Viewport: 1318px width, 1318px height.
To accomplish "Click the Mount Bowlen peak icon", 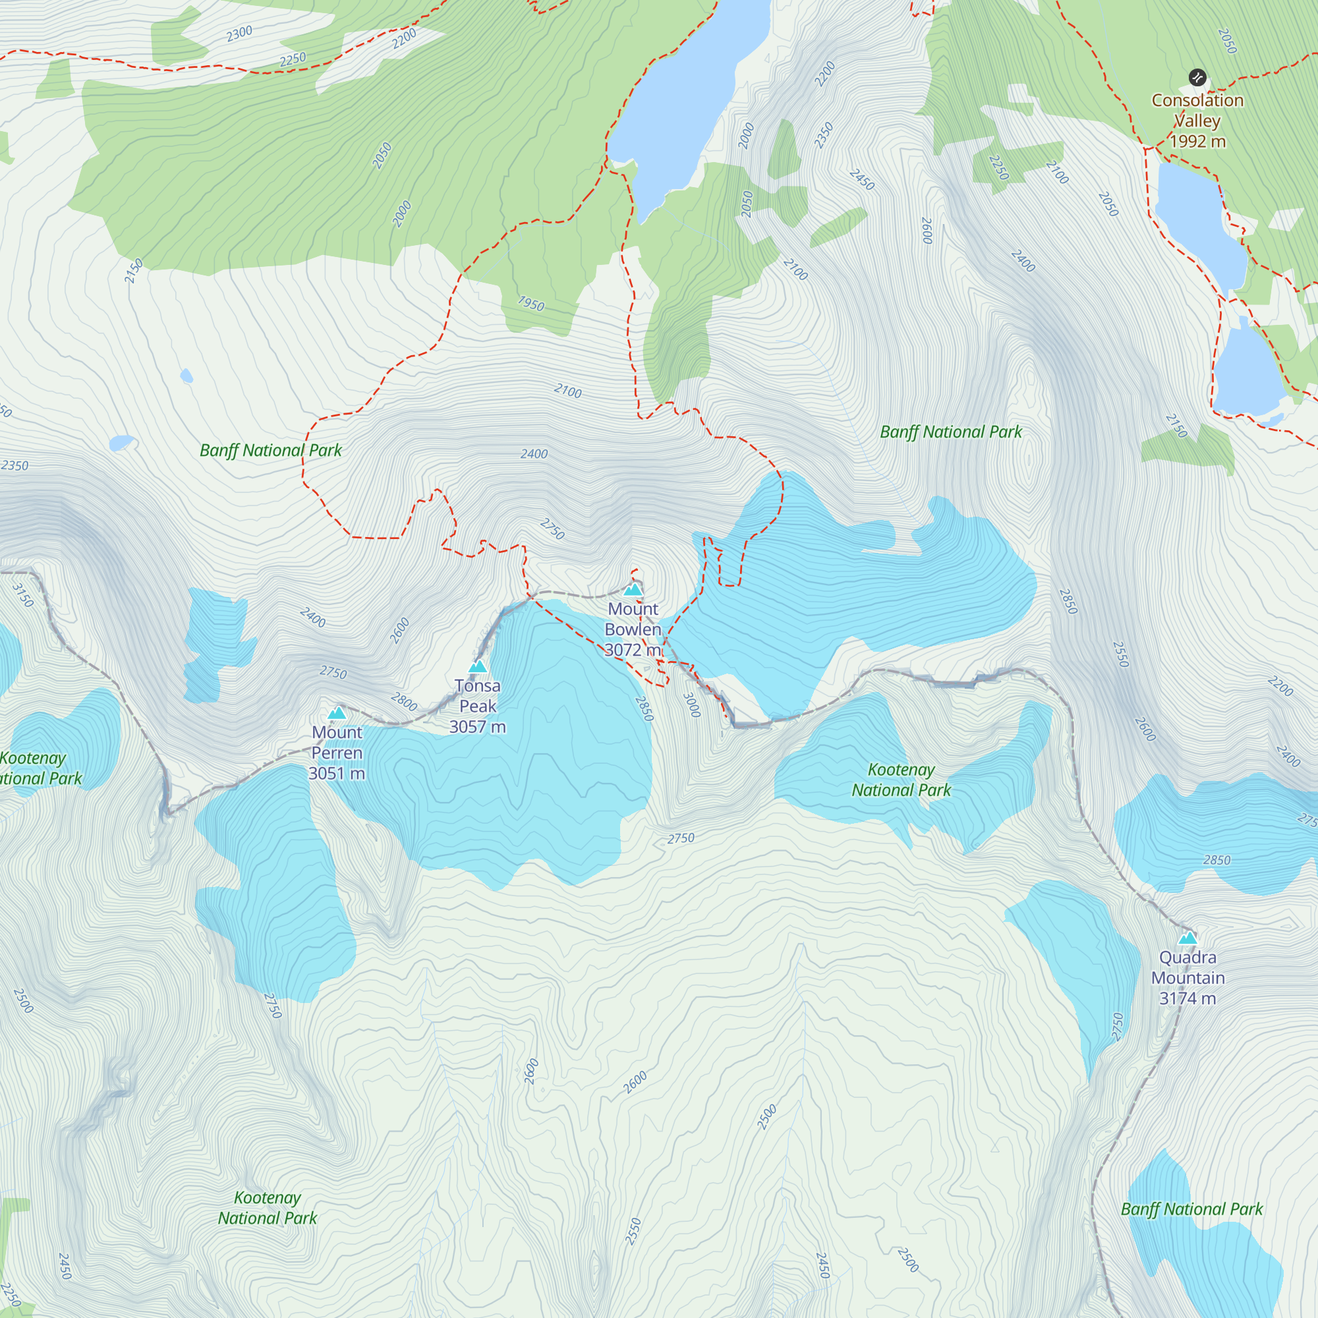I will pyautogui.click(x=633, y=589).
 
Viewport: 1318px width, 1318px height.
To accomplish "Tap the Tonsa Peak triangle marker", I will pyautogui.click(x=478, y=666).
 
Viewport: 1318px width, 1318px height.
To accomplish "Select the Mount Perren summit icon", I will pyautogui.click(x=336, y=713).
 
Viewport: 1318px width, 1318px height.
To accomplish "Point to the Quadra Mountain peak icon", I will pyautogui.click(x=1188, y=938).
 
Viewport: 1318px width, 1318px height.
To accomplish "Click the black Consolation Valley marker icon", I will pyautogui.click(x=1197, y=78).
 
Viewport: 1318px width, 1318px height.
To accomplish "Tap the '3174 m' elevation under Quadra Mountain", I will pyautogui.click(x=1187, y=998).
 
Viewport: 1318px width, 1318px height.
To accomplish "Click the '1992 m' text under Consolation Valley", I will pyautogui.click(x=1197, y=141).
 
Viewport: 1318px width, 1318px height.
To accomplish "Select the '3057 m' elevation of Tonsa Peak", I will pyautogui.click(x=478, y=726).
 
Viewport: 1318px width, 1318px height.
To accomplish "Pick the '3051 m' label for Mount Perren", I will pyautogui.click(x=336, y=773).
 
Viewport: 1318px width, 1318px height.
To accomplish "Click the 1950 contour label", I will pyautogui.click(x=530, y=303).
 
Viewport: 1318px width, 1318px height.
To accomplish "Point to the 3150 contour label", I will pyautogui.click(x=23, y=595).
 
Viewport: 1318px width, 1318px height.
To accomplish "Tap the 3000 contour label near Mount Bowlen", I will pyautogui.click(x=691, y=704).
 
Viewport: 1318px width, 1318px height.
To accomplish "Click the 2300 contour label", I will pyautogui.click(x=239, y=34).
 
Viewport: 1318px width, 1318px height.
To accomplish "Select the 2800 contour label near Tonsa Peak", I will pyautogui.click(x=404, y=701).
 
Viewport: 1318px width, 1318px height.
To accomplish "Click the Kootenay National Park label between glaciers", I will pyautogui.click(x=901, y=779).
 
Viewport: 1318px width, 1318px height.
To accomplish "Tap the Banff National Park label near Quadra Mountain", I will pyautogui.click(x=1191, y=1209).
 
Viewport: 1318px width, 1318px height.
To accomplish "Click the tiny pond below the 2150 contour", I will pyautogui.click(x=186, y=376).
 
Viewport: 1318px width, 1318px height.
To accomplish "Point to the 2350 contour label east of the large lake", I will pyautogui.click(x=824, y=134).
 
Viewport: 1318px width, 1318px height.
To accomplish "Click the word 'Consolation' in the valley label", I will pyautogui.click(x=1197, y=100).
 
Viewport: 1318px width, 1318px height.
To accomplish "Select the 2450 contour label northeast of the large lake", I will pyautogui.click(x=861, y=179).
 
